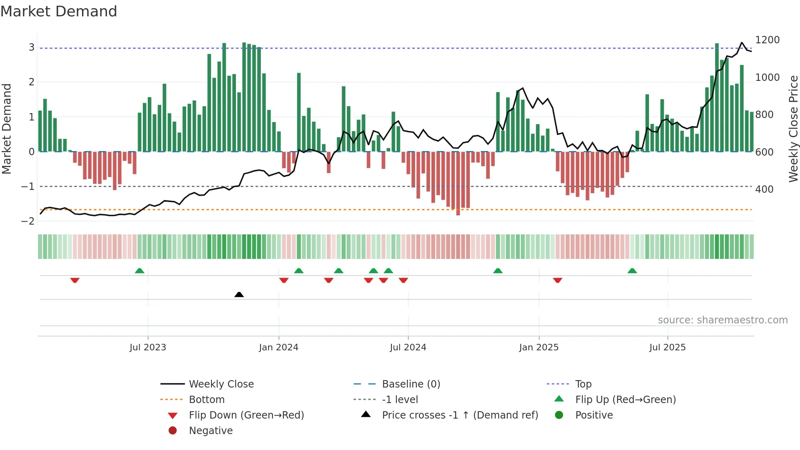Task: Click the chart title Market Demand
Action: click(59, 11)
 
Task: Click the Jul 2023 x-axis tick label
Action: click(148, 348)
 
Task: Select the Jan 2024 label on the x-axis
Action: click(279, 348)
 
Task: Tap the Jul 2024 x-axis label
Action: click(408, 348)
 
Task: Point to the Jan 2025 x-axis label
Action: click(539, 348)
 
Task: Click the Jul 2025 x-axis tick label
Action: click(667, 348)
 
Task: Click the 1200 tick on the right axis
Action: click(767, 40)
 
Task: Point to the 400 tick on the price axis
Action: click(764, 189)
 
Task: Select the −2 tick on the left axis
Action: click(28, 221)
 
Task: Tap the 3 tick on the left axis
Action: click(31, 47)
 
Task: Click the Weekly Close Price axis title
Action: click(793, 129)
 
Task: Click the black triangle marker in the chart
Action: click(239, 294)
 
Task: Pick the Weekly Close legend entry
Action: click(221, 384)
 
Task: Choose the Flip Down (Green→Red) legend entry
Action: click(246, 415)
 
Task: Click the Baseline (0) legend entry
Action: click(411, 384)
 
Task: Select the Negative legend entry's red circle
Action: click(173, 431)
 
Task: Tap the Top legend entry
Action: click(583, 384)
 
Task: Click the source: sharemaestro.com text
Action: click(722, 320)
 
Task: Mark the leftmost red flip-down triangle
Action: click(75, 280)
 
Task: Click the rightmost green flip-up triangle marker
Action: click(632, 271)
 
